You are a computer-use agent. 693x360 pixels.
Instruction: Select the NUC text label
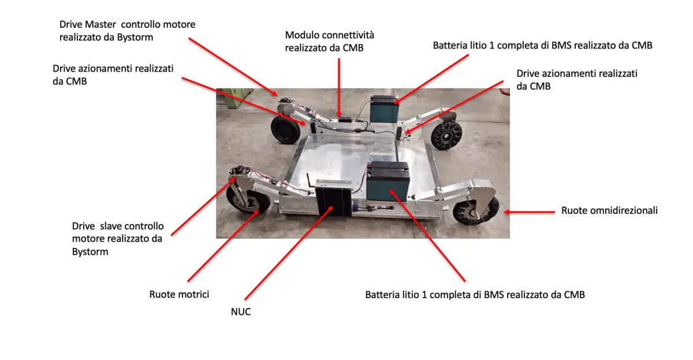240,313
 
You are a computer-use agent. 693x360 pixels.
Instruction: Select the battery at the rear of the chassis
385,108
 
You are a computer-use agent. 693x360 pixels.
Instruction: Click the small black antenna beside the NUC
308,181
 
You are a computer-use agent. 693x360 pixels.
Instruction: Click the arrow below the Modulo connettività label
339,87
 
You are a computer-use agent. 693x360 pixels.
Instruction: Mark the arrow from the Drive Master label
234,67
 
